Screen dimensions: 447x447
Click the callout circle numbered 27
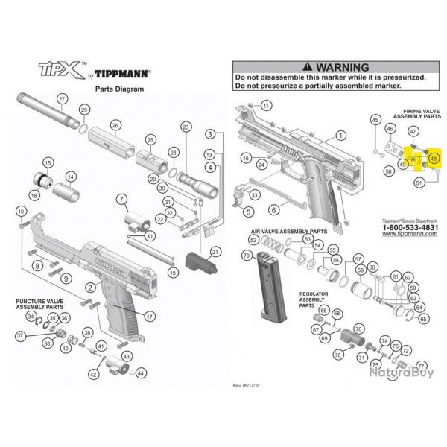62,99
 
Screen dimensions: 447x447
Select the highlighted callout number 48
434,158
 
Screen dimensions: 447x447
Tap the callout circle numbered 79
247,257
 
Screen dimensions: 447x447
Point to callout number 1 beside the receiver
340,136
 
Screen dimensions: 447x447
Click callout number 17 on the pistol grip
150,316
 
